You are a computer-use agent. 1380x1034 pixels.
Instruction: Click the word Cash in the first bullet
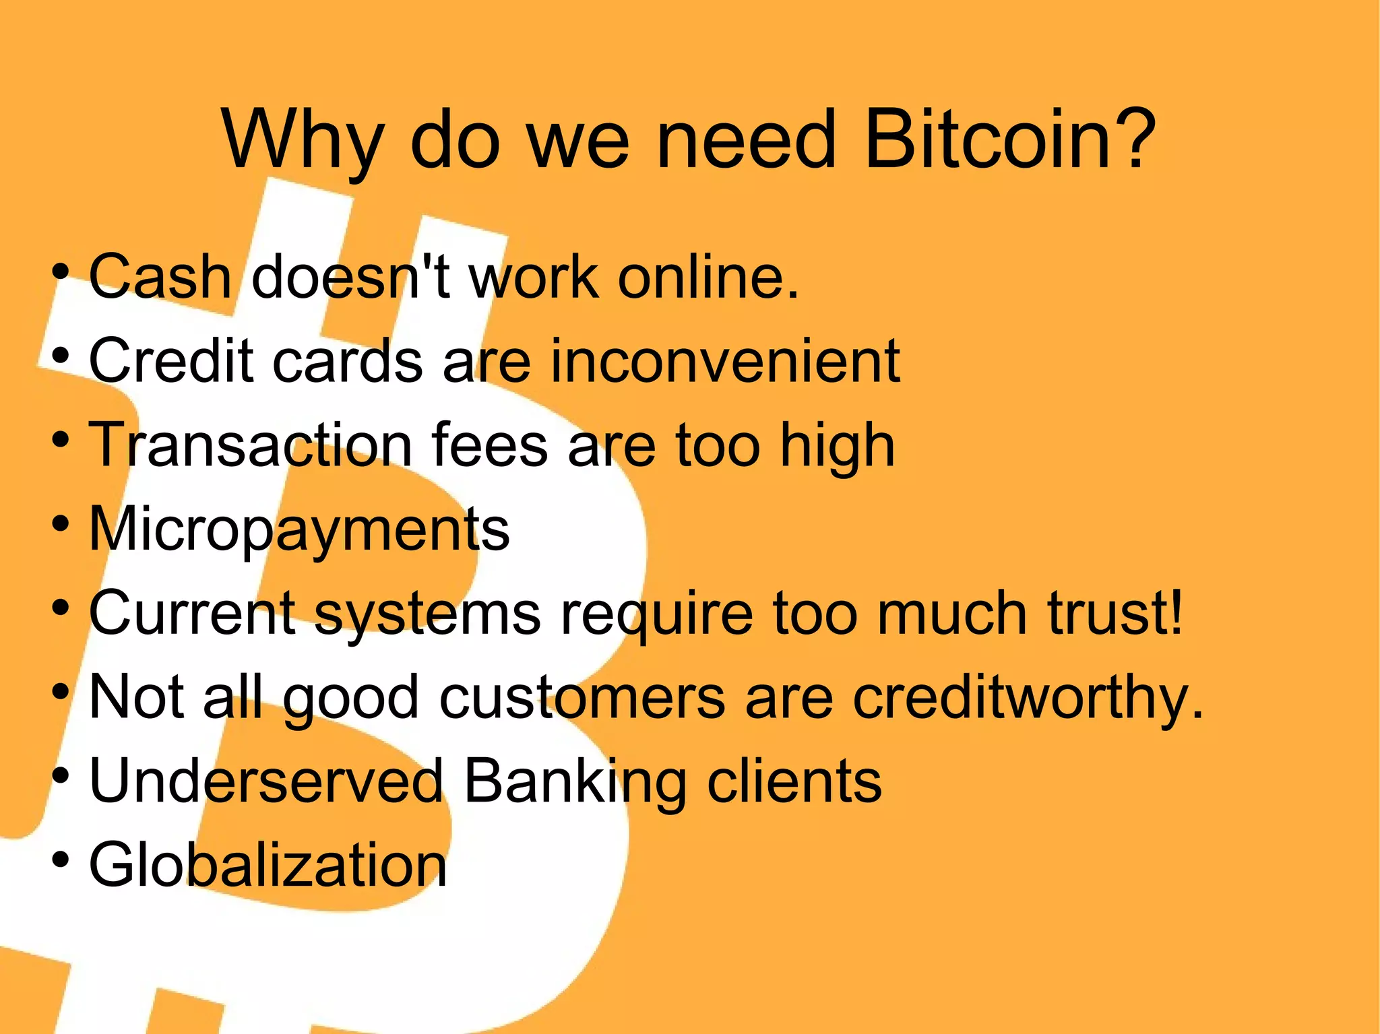[160, 277]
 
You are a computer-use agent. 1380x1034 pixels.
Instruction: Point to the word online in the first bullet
[708, 277]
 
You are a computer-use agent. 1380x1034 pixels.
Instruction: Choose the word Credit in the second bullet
[171, 361]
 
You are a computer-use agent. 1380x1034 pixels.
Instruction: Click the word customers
[582, 698]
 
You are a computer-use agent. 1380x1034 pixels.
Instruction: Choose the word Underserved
[266, 781]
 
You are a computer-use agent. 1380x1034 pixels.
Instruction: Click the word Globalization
[268, 865]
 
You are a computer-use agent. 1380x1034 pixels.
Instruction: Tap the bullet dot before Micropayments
[61, 524]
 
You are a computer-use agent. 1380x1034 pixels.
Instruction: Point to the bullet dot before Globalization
[61, 860]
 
